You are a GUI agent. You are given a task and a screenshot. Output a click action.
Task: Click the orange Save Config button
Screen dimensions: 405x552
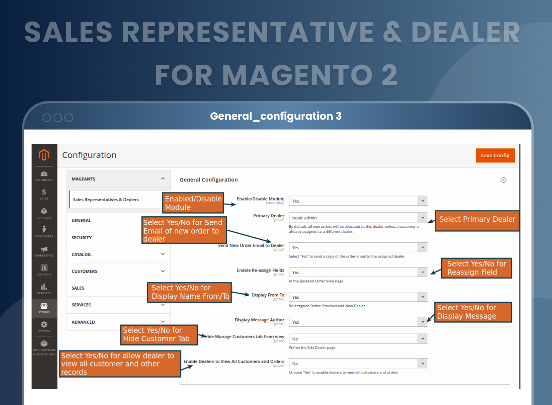pos(495,155)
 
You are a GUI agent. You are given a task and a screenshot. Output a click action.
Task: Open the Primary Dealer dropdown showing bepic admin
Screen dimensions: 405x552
pos(358,218)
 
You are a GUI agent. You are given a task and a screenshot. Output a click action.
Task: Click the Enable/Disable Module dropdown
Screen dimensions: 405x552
pos(358,201)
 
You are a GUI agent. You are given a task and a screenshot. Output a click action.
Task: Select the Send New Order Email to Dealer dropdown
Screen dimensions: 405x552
pos(358,248)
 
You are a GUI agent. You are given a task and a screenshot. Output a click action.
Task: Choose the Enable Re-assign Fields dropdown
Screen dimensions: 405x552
pos(358,272)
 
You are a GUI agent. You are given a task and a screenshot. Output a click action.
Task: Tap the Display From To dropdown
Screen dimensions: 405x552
pos(358,297)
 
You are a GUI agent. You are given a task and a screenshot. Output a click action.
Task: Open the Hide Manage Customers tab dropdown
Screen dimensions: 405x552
pos(358,339)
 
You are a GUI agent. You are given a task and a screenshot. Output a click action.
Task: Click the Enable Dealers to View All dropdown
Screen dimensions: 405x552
pos(358,364)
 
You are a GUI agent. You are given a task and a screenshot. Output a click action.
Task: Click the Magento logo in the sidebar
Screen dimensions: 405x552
pos(44,155)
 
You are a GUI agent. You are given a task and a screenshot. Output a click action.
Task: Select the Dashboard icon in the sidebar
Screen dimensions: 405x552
pos(44,176)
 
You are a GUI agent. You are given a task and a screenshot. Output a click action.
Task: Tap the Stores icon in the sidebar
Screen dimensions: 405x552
pos(44,308)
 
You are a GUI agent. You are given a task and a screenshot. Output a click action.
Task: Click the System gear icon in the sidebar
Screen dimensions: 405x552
pos(44,326)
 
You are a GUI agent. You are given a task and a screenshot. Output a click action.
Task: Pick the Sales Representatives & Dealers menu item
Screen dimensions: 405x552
pos(106,200)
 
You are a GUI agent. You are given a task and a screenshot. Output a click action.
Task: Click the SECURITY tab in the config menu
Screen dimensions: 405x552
pos(82,238)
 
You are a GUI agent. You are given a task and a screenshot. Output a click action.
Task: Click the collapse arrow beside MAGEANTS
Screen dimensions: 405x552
pos(163,179)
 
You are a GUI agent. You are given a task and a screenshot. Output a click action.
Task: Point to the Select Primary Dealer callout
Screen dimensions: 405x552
pos(477,219)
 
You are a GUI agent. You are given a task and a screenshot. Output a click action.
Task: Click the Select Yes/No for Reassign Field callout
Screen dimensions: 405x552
pos(476,268)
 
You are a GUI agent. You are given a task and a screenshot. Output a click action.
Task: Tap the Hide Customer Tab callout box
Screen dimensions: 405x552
pos(159,334)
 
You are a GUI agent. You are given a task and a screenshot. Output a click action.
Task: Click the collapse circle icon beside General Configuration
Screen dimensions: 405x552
pos(503,180)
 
